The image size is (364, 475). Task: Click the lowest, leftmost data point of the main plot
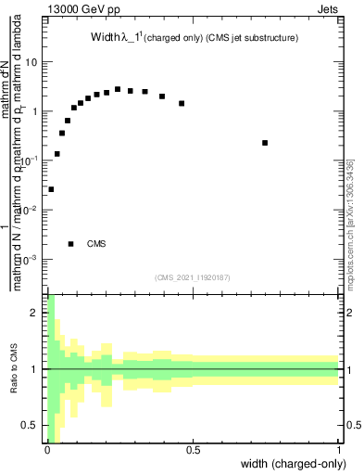point(51,189)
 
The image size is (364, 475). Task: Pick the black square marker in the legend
point(71,244)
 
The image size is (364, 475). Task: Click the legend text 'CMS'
point(96,244)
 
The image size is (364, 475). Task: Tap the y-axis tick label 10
point(31,62)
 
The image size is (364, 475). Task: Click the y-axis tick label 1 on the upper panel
point(34,111)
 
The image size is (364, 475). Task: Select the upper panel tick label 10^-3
point(30,259)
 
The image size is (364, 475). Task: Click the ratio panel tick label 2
point(35,313)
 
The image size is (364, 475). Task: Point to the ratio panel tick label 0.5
point(31,425)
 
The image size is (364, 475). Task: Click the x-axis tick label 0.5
point(193,450)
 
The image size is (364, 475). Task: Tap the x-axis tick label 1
point(339,450)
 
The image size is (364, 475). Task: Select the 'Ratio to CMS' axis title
point(14,369)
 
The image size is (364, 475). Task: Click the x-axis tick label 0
point(46,450)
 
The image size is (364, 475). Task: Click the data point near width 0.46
point(182,103)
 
